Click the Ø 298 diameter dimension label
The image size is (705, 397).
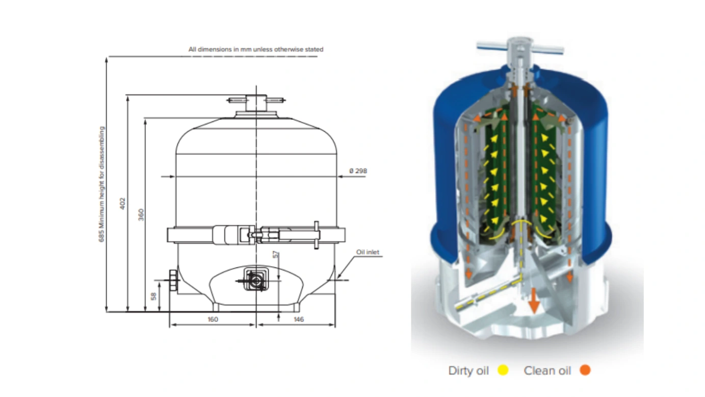pos(358,171)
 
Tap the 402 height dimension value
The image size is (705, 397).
pos(123,203)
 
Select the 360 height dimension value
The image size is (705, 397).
pos(141,214)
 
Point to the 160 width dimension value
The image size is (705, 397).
pos(213,319)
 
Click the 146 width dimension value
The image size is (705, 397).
pos(299,319)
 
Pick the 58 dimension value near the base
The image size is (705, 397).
pos(153,296)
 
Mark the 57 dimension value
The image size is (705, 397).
pos(276,255)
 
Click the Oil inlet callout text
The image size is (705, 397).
pos(368,252)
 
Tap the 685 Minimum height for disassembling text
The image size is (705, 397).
pos(101,184)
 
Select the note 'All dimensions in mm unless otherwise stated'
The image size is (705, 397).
pos(256,49)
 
